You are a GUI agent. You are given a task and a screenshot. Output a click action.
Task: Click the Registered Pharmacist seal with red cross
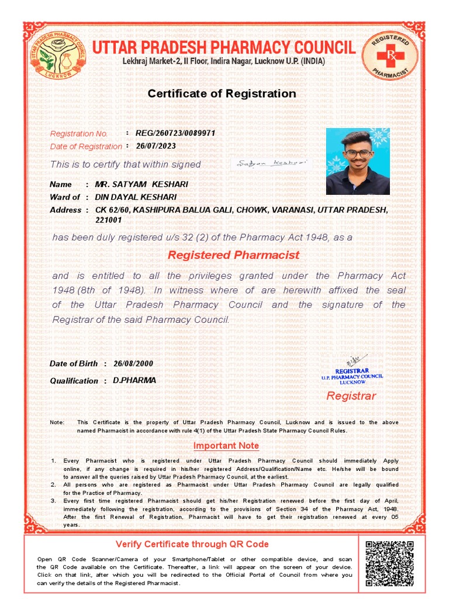click(x=390, y=57)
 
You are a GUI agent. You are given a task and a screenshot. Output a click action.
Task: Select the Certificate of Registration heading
click(x=222, y=94)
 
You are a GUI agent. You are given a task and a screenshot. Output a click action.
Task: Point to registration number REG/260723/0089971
click(x=175, y=133)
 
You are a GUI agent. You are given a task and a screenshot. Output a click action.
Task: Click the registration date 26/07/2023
click(x=156, y=146)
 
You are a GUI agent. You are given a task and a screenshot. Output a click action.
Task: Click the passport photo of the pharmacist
click(x=358, y=161)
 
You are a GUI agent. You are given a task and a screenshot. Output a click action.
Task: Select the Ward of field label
click(x=65, y=197)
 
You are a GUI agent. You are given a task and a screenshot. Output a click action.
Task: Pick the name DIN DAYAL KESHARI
click(x=136, y=197)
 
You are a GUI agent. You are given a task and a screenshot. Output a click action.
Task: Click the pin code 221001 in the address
click(x=108, y=221)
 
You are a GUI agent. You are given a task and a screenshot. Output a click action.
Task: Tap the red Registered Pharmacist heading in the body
click(x=233, y=255)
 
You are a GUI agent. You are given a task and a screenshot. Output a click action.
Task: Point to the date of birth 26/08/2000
click(x=133, y=363)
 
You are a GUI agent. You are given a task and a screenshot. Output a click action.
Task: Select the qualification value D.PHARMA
click(x=134, y=380)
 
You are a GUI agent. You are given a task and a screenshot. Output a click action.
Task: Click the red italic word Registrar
click(x=351, y=396)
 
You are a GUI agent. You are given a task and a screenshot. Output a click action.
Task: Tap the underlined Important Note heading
click(x=226, y=446)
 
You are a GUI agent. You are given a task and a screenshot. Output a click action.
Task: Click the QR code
click(x=389, y=564)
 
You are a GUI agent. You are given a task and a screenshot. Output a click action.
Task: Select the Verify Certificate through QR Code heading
click(x=192, y=544)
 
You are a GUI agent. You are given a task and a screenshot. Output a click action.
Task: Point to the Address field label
click(x=65, y=210)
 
